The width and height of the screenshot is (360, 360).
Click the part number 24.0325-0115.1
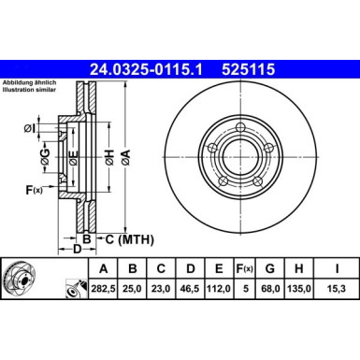tap(151, 68)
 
